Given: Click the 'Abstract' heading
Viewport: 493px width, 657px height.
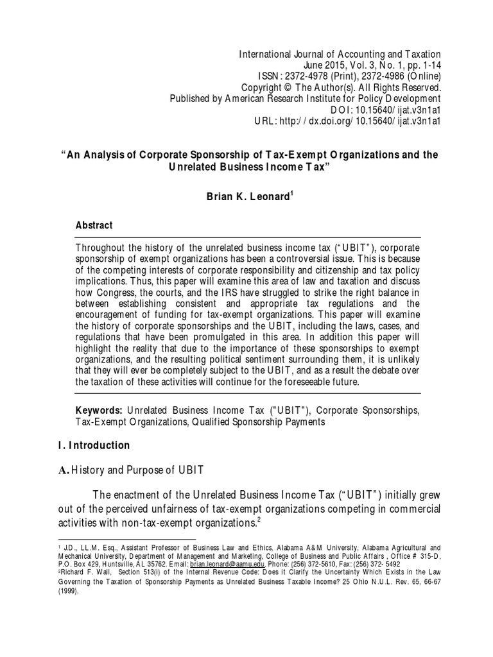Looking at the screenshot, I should coord(94,225).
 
